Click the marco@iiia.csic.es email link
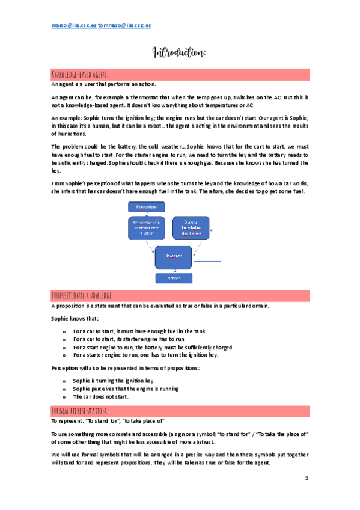[74, 26]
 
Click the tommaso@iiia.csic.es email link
[124, 26]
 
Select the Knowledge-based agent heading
[80, 75]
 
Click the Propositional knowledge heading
[82, 295]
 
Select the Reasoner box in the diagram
[174, 256]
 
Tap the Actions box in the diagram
[173, 278]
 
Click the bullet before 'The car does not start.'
[64, 397]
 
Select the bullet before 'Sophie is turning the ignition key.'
[64, 381]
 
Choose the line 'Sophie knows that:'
[75, 318]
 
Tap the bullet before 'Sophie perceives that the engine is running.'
[64, 389]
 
